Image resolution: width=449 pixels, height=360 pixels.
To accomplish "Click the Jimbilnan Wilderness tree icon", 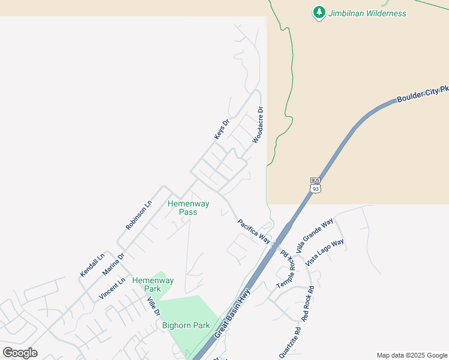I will pos(319,13).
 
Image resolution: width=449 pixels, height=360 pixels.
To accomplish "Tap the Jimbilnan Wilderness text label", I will pos(367,13).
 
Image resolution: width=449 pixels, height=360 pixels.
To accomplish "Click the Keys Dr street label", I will pos(222,130).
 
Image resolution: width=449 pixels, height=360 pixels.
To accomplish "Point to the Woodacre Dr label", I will pos(258,125).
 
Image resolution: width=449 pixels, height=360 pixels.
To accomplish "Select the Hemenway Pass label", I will pos(188,208).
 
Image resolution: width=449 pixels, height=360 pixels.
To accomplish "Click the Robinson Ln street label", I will pos(139,215).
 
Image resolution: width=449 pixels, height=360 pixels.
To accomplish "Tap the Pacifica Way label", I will pos(253,231).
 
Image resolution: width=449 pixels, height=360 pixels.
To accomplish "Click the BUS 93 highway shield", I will pos(316,185).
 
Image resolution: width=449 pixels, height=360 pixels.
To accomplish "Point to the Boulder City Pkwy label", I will pos(423,95).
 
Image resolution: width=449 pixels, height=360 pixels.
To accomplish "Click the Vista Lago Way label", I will pos(324,253).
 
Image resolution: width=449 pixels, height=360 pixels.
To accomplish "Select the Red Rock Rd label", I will pos(309,304).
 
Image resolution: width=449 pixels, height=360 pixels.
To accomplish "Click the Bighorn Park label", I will pos(186,326).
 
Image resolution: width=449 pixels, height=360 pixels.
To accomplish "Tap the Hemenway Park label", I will pos(153,284).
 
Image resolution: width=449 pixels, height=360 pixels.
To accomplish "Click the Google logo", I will pos(20,353).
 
